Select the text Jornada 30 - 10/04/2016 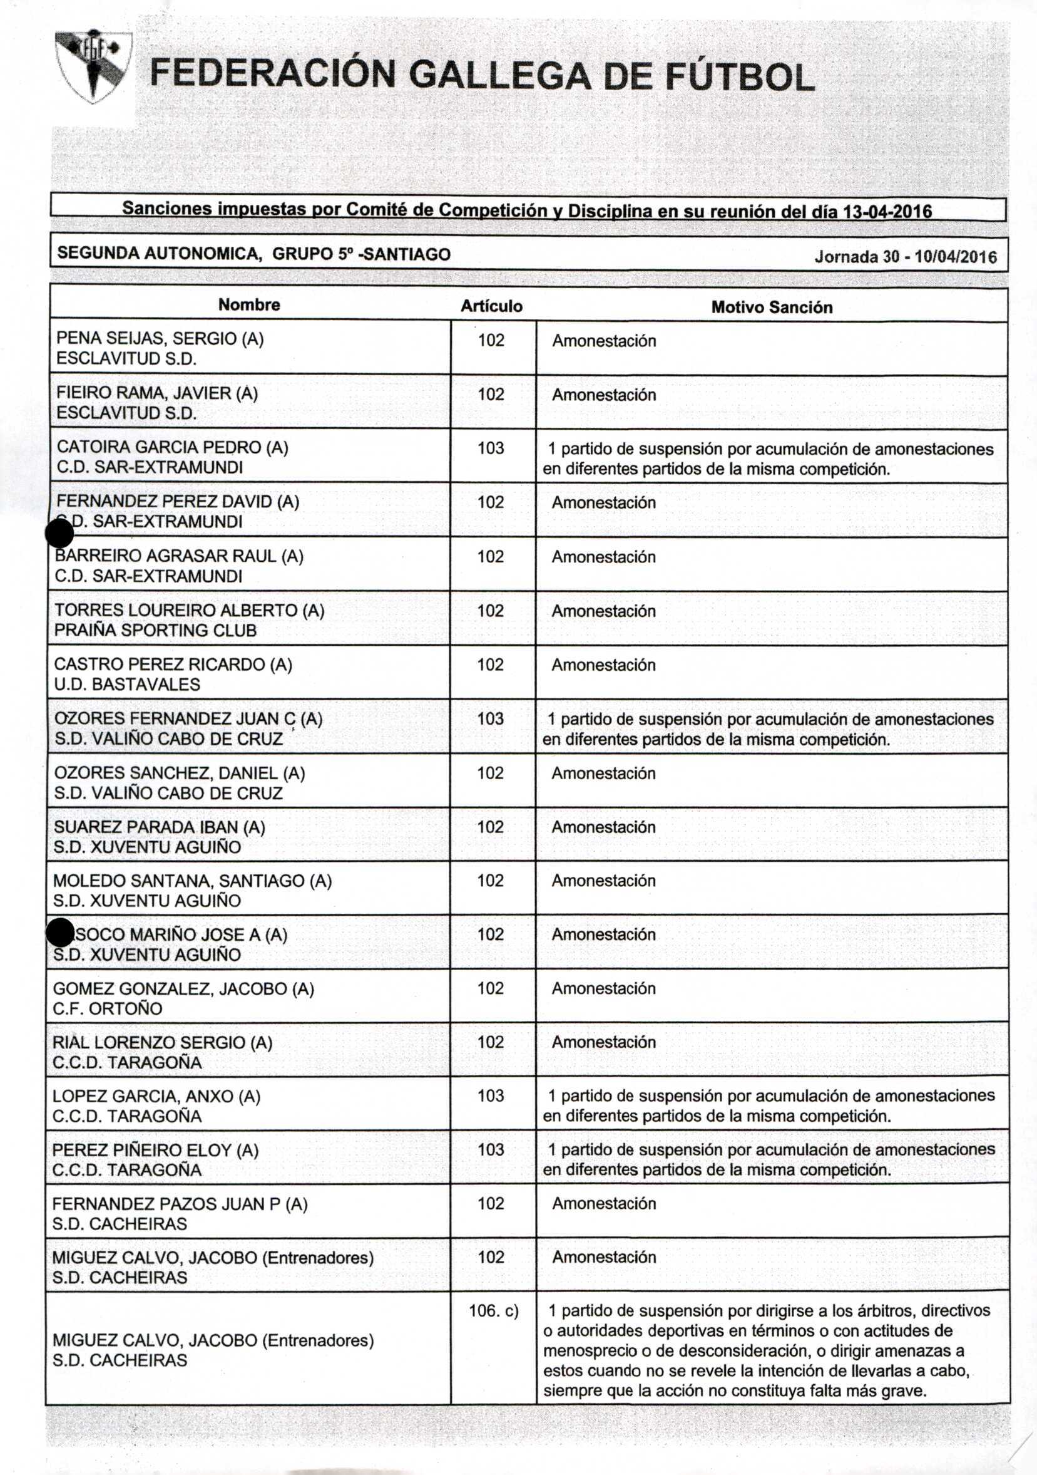pyautogui.click(x=906, y=257)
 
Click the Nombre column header pyautogui.click(x=249, y=304)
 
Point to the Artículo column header pyautogui.click(x=491, y=306)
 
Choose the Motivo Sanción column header pyautogui.click(x=771, y=307)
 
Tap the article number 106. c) pyautogui.click(x=493, y=1310)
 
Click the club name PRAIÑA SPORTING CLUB pyautogui.click(x=155, y=630)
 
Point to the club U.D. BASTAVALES pyautogui.click(x=127, y=684)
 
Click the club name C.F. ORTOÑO pyautogui.click(x=107, y=1008)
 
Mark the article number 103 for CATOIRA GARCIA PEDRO pyautogui.click(x=491, y=448)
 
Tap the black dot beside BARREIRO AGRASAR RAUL pyautogui.click(x=59, y=534)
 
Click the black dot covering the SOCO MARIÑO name pyautogui.click(x=61, y=932)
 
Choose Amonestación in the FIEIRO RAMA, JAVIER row pyautogui.click(x=603, y=395)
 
